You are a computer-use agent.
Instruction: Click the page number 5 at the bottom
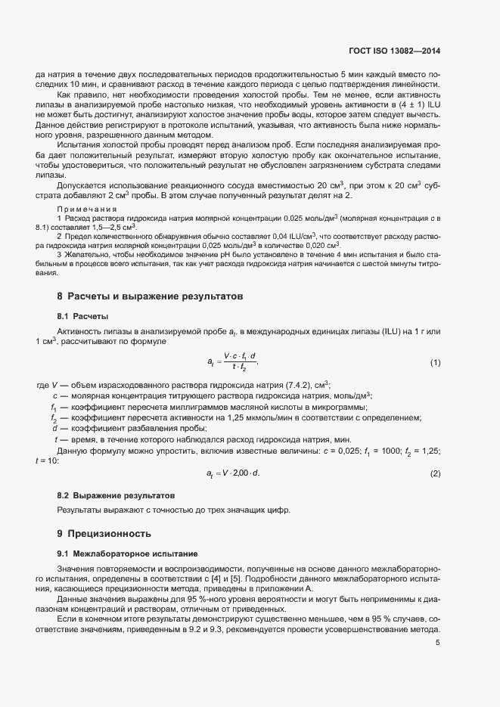437,643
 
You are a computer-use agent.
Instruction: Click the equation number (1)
435,363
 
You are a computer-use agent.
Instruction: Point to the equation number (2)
435,473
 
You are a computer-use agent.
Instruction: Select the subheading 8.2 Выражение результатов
116,495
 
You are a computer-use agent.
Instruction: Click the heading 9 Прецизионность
110,534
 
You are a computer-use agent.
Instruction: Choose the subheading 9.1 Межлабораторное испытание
122,554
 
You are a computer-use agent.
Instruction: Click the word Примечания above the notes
86,209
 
